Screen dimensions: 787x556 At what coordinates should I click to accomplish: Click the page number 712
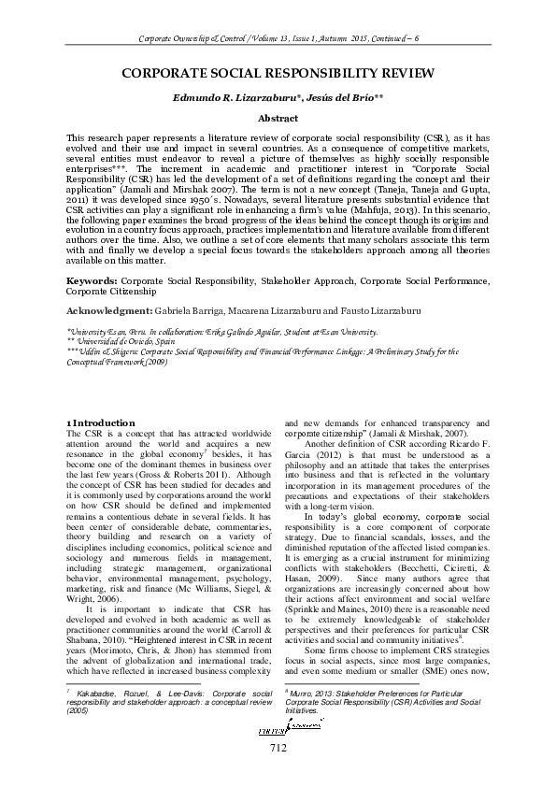pyautogui.click(x=278, y=773)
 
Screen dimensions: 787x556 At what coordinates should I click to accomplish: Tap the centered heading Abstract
pyautogui.click(x=278, y=119)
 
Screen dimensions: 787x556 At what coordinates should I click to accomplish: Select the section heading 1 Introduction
pyautogui.click(x=103, y=423)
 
